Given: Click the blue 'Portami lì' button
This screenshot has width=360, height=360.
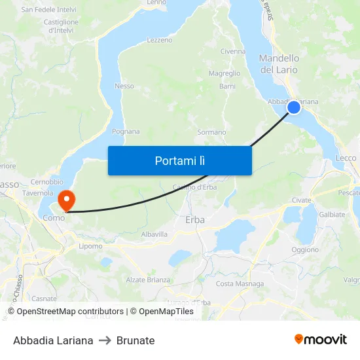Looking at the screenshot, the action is (179, 160).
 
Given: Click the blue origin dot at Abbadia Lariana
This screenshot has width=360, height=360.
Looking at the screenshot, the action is (294, 107).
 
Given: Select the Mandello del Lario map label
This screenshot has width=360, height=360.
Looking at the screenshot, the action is (279, 64).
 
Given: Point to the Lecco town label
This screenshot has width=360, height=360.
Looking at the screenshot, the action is (346, 158).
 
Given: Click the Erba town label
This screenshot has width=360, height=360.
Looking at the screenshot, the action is (195, 220).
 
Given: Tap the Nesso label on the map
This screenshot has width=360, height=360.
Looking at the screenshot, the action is (124, 86).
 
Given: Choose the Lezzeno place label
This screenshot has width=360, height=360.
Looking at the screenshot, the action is (160, 40).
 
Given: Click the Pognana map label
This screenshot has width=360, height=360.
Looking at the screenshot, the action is (126, 132).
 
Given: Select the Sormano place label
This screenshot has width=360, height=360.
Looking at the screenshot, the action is (211, 132).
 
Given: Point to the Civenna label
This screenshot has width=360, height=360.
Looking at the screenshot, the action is (233, 51).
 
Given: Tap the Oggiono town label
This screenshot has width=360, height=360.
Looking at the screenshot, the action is (305, 250).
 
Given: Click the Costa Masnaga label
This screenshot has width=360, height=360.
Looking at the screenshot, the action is (240, 283).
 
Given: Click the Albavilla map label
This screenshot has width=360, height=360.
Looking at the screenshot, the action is (154, 234).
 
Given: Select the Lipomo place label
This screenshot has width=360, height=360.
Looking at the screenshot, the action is (90, 247).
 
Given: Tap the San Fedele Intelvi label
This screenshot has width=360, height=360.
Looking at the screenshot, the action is (48, 10).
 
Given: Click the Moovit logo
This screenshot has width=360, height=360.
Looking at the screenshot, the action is (321, 340).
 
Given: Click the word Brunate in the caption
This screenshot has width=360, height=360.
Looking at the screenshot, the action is (135, 340).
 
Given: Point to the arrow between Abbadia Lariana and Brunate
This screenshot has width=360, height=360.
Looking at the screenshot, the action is (105, 340).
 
